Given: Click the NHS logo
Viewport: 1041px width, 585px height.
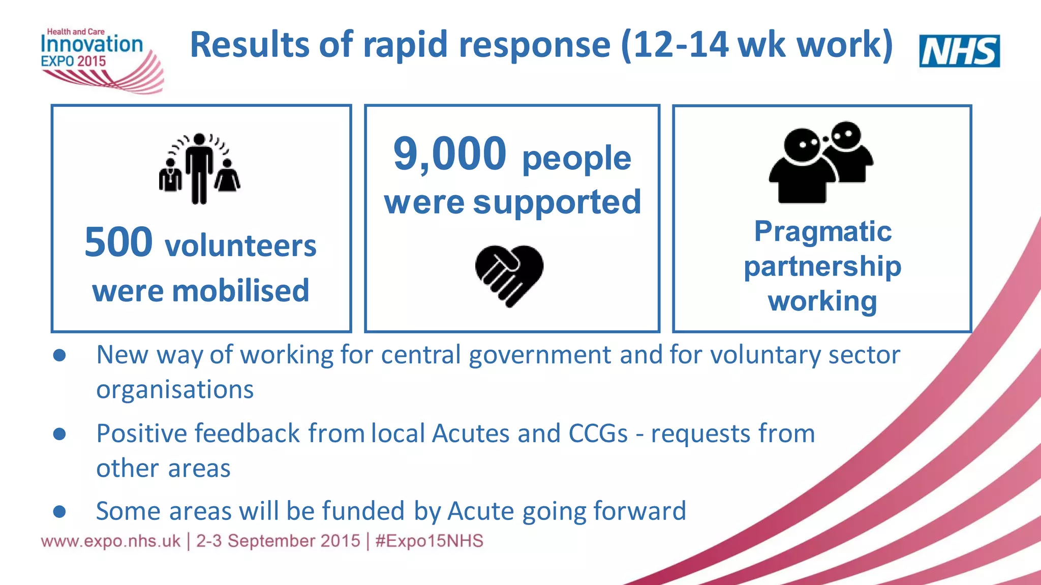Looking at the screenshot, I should (959, 51).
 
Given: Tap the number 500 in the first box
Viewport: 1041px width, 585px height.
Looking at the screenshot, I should (118, 242).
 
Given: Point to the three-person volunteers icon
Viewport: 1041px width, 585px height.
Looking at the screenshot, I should (199, 169).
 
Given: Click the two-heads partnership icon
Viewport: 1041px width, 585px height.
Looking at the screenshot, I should (820, 163).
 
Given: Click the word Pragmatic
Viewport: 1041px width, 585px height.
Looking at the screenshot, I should (822, 232).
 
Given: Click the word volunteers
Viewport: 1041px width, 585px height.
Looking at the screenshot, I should (240, 246).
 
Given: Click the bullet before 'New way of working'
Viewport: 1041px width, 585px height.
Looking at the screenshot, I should (59, 355).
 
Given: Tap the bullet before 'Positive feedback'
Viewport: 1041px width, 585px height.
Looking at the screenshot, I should (59, 434).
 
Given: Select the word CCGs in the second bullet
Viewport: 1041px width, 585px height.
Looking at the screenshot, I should (598, 434).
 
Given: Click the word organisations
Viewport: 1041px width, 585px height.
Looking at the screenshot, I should (175, 390).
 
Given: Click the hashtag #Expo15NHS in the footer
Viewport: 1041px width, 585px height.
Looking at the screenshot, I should (429, 541).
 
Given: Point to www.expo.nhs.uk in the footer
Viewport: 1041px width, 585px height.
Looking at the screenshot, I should (111, 541).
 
